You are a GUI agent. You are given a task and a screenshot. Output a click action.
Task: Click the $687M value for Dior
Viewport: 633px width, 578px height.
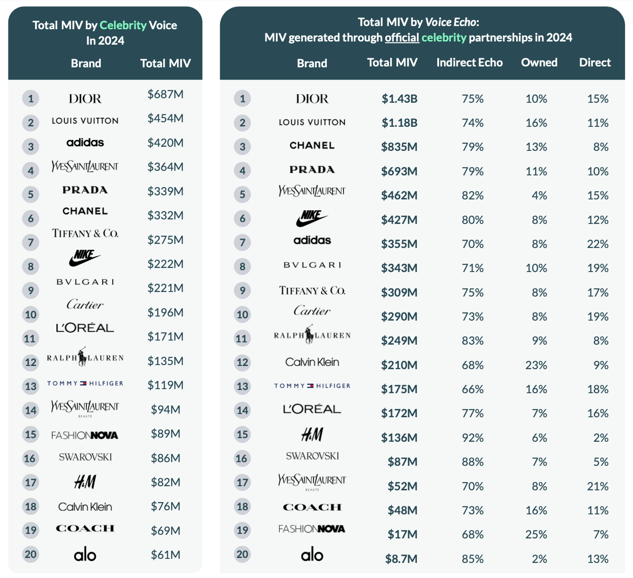point(165,94)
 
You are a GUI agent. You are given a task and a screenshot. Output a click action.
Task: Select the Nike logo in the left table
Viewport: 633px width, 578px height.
point(85,258)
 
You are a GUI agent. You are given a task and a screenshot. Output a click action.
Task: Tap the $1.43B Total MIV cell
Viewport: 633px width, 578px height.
point(399,99)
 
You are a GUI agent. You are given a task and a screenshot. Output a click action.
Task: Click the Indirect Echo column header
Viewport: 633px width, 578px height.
point(469,62)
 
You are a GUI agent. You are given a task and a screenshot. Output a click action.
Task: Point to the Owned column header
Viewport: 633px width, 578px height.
point(539,62)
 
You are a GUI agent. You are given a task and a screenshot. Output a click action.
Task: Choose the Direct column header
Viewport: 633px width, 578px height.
point(594,62)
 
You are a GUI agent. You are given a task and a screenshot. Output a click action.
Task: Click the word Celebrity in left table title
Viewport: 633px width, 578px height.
point(123,25)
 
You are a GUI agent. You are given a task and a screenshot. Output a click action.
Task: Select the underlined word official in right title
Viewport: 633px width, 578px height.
point(402,38)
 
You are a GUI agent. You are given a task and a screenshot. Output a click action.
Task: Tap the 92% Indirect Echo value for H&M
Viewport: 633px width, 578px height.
point(472,438)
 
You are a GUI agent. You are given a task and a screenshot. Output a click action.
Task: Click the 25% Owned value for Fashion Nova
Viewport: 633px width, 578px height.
point(536,534)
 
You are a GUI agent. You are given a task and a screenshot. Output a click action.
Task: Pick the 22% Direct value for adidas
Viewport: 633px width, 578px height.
point(598,244)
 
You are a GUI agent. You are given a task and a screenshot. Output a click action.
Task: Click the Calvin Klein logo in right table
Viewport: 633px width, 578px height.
point(312,362)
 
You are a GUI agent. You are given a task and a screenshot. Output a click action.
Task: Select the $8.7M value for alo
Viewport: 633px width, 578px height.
point(401,559)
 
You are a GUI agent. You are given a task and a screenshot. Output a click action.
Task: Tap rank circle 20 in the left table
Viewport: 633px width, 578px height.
point(30,554)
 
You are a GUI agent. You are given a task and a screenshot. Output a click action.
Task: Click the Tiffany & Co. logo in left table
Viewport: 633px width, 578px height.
point(85,233)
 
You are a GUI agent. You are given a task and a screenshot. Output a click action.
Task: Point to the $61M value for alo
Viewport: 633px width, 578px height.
point(165,555)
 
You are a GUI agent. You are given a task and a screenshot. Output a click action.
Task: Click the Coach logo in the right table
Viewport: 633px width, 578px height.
point(312,507)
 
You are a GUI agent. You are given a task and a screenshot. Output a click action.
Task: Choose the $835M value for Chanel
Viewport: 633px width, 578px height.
point(399,147)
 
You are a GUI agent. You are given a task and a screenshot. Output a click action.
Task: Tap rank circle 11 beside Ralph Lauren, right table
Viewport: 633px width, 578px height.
point(242,339)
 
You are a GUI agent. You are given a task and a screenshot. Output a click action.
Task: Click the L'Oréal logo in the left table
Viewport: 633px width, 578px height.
point(85,328)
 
